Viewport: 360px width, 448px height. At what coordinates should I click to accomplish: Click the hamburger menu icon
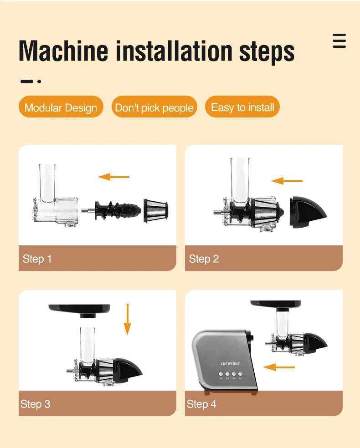point(339,41)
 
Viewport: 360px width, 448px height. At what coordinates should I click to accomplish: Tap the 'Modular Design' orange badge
point(61,107)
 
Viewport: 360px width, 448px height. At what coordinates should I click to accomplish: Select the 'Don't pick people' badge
point(154,107)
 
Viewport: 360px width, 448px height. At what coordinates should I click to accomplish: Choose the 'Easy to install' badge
point(242,107)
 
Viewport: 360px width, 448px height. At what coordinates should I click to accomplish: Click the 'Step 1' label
point(37,259)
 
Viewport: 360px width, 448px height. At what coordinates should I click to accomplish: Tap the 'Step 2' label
point(204,259)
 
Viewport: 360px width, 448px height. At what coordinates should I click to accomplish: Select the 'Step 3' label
point(35,404)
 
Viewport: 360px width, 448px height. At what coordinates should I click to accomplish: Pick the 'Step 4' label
point(201,404)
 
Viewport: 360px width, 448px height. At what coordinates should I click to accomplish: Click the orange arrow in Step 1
point(114,177)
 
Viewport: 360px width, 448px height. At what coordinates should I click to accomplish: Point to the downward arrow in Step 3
point(127,319)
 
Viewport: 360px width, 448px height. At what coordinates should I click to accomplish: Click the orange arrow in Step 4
point(279,367)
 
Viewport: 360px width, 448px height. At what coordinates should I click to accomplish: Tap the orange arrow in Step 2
point(287,181)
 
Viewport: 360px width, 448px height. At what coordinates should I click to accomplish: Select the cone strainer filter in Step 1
point(156,210)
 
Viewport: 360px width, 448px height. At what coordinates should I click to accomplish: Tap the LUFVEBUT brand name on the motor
point(230,364)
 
